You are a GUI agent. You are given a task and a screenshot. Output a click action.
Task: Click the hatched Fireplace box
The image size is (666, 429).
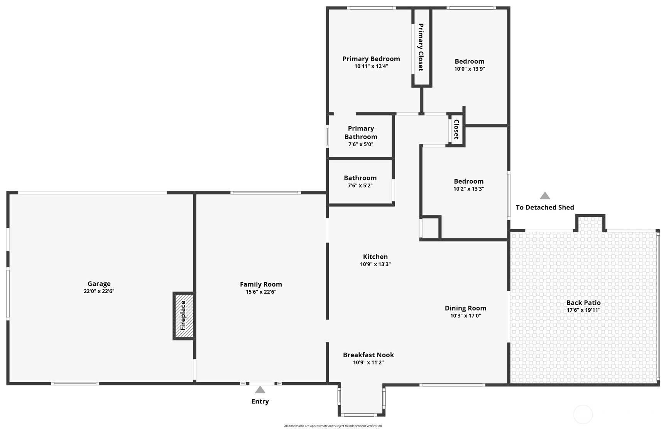[184, 316]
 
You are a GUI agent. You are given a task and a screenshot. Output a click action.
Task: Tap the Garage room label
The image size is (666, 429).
[99, 284]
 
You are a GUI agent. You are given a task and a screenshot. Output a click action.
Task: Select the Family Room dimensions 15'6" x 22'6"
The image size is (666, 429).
[261, 292]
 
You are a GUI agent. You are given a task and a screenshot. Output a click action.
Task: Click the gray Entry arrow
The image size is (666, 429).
[260, 390]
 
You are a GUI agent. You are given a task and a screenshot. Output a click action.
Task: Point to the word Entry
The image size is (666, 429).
[260, 401]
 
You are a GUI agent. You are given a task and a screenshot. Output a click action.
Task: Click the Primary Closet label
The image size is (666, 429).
[421, 47]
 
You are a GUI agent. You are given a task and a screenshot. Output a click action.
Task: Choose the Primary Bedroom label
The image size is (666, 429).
[371, 59]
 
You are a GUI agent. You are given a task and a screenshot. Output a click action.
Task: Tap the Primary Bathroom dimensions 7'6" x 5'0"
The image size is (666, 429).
[361, 144]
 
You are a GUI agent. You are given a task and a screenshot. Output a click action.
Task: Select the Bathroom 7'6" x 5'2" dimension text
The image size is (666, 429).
[360, 186]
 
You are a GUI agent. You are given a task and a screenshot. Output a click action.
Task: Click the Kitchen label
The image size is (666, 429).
[375, 257]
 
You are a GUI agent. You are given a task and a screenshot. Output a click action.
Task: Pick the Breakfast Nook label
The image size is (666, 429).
[368, 355]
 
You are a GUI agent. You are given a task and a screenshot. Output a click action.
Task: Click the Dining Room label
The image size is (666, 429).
[465, 308]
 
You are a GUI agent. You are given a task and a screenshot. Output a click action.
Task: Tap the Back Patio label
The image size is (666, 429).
[583, 302]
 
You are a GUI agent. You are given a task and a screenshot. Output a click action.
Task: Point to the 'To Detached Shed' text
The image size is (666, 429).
[545, 208]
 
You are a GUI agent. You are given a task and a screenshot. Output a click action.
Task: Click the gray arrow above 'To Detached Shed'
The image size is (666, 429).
[545, 196]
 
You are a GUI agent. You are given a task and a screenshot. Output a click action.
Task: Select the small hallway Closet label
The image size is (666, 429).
[456, 129]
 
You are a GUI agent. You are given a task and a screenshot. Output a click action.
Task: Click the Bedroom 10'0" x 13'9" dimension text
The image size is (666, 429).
[469, 69]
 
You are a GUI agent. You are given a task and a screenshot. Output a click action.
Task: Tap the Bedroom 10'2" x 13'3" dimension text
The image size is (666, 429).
[468, 189]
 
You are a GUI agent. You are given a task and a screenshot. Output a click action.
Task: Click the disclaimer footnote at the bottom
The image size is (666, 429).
[333, 426]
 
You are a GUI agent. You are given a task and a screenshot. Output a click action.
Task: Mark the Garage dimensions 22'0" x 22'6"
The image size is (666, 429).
[99, 291]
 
